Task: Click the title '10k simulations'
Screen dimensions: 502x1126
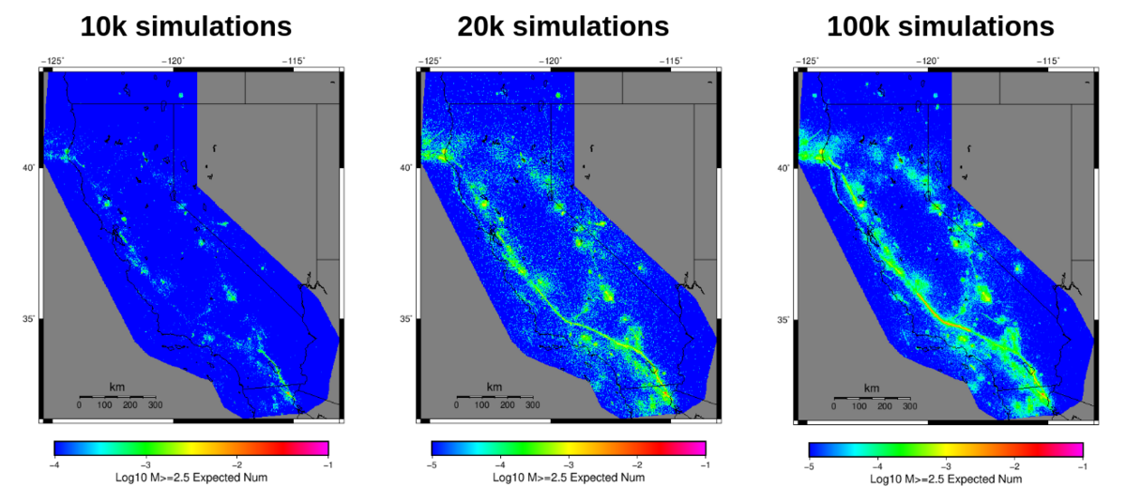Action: [x=186, y=26]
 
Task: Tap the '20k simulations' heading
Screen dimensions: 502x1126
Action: [x=563, y=26]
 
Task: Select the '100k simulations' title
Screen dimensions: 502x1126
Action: [x=940, y=26]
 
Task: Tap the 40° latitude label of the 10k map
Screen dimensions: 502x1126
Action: [x=29, y=168]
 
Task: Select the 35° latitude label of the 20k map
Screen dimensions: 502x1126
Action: [x=406, y=319]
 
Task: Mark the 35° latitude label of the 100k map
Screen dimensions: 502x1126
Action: [x=784, y=319]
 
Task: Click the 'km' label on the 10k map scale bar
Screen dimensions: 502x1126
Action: [x=117, y=388]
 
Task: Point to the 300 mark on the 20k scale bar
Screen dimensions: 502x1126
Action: [x=532, y=405]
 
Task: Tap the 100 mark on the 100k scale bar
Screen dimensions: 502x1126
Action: [x=859, y=405]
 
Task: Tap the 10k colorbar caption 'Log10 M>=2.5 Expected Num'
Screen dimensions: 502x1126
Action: [x=191, y=478]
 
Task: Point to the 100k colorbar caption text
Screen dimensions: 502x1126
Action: [x=946, y=478]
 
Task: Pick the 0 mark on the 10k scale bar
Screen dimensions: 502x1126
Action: [x=79, y=405]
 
